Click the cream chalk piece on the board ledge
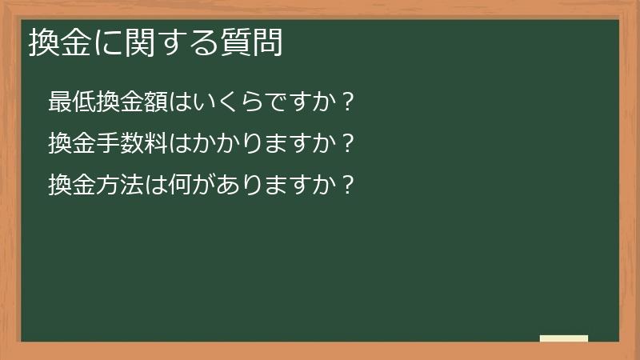coord(563,338)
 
